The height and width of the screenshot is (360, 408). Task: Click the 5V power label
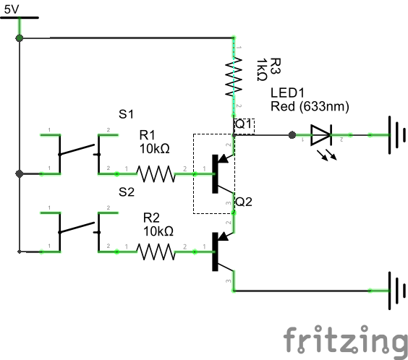(12, 9)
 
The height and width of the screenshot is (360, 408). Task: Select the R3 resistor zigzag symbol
(234, 77)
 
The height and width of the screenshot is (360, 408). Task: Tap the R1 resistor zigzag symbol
(156, 173)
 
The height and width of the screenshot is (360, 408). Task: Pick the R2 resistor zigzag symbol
(156, 252)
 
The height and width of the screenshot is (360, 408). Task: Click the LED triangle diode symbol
(321, 135)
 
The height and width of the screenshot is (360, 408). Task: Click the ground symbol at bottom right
(397, 291)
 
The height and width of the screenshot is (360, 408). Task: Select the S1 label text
(126, 114)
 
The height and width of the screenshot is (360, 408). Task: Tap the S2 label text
(127, 192)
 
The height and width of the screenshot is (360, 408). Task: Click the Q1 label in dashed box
(244, 124)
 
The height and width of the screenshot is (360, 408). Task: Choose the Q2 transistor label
(244, 202)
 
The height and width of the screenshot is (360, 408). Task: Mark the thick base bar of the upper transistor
(215, 174)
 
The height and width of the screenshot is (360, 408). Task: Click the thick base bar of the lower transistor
(215, 252)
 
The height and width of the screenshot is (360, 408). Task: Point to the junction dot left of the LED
(292, 135)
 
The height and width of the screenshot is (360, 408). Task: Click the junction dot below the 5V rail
(20, 38)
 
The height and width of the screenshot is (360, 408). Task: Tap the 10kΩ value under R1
(155, 149)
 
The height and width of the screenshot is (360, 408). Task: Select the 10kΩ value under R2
(158, 231)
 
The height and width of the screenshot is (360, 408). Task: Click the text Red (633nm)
(310, 106)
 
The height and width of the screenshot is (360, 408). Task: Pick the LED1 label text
(287, 93)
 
